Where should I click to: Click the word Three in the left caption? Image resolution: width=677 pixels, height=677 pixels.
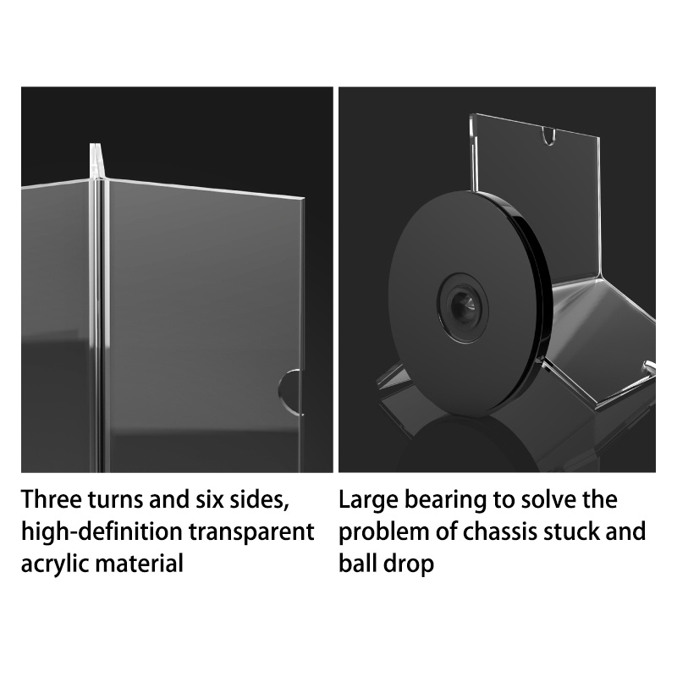coord(52,499)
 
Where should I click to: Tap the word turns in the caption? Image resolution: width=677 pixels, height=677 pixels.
coord(116,500)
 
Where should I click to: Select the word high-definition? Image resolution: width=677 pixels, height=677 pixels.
coord(102,532)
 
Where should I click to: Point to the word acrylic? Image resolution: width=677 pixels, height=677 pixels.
coord(54,564)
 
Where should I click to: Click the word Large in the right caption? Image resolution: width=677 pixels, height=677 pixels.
coord(368,500)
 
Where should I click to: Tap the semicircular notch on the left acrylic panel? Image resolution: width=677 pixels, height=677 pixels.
coord(289,392)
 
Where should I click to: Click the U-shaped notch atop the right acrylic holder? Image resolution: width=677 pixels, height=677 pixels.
coord(548,136)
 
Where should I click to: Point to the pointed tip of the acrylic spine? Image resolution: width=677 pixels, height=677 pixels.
coord(96,145)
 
